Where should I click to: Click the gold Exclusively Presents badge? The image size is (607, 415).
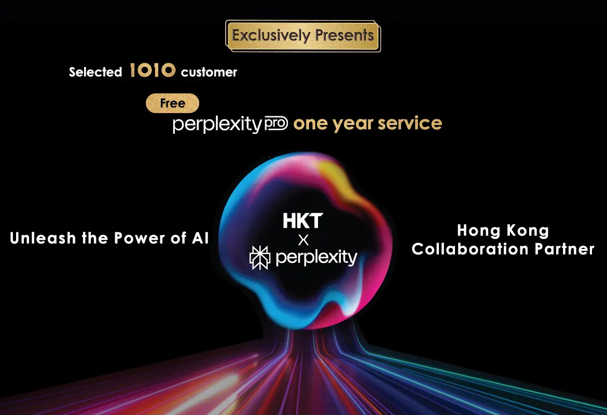(x=303, y=36)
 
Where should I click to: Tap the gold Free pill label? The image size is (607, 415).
(x=172, y=103)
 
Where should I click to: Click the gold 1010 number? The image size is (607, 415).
(x=153, y=71)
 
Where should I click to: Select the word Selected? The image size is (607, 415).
(x=95, y=72)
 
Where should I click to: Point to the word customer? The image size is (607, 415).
(x=209, y=72)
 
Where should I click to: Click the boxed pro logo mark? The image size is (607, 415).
(x=276, y=123)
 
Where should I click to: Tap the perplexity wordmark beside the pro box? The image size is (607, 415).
(x=217, y=125)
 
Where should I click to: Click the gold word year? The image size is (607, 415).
(x=353, y=125)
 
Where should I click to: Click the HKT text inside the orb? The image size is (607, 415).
(x=303, y=220)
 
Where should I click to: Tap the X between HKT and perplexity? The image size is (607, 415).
(x=303, y=240)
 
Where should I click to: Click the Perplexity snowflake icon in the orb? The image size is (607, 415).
(x=260, y=257)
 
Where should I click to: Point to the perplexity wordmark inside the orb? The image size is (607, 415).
(x=316, y=257)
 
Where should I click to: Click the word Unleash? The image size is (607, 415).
(x=43, y=238)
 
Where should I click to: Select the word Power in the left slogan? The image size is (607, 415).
(x=140, y=238)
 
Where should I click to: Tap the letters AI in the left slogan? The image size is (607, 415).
(x=200, y=238)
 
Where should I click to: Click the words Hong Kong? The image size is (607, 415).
(x=503, y=231)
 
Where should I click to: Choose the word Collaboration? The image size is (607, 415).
(x=470, y=249)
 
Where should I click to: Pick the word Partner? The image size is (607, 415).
(x=564, y=249)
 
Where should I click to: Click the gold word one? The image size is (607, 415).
(x=311, y=125)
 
